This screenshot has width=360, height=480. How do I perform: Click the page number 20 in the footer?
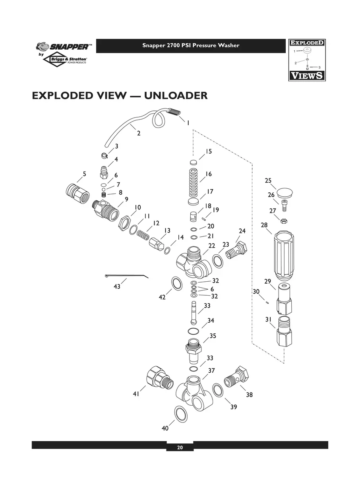coord(180,447)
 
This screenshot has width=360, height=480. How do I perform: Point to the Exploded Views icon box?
coord(306,60)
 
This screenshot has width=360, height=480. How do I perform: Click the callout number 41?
coord(136,394)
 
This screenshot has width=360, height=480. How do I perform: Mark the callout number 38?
coord(249,395)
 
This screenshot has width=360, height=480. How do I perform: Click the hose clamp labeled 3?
coord(103,155)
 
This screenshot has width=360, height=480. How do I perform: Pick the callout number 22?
coord(212,246)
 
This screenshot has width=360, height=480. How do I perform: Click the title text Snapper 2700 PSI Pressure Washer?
coord(191,45)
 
